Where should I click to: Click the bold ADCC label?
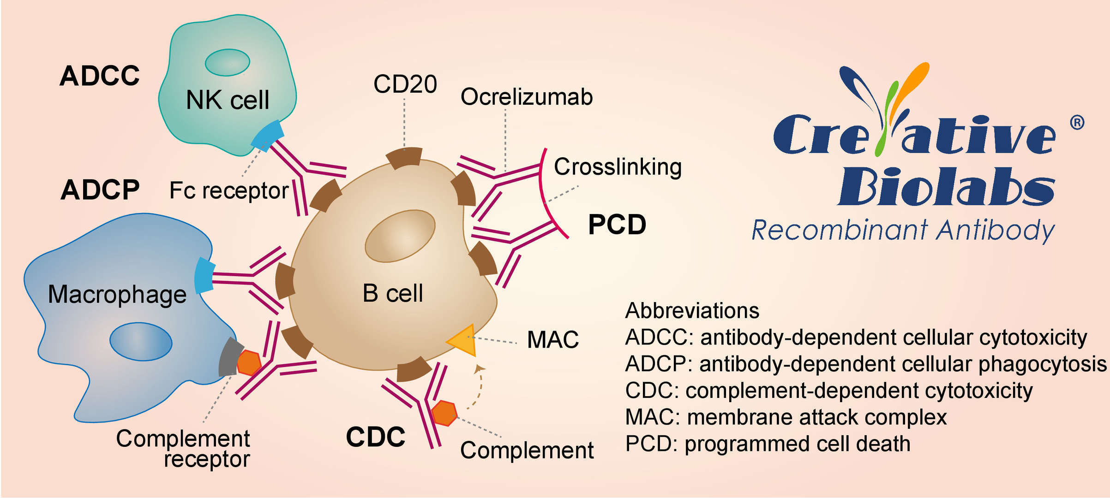coord(100,76)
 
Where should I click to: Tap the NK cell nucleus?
coord(227,63)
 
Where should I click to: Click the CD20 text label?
coord(405,84)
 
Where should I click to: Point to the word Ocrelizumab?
coord(526,97)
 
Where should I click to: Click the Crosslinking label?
coord(618,167)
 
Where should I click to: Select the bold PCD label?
coord(617,225)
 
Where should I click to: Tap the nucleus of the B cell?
coord(400,236)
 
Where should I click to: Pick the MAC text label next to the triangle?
coord(552,340)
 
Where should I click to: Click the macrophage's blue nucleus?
coord(141,342)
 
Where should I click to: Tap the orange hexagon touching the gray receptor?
coord(249,363)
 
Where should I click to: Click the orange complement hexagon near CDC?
coord(444,413)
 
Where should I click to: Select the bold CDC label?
coord(375,437)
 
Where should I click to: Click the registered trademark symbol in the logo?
coord(1077,123)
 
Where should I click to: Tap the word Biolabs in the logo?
coord(946,187)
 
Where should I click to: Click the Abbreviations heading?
coord(692,311)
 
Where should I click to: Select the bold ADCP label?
coord(100,190)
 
